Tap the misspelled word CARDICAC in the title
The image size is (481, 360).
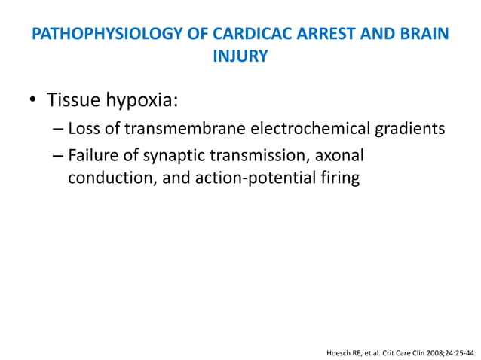(242, 34)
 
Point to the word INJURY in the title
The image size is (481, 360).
(240, 56)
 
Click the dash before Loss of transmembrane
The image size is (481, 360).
(59, 129)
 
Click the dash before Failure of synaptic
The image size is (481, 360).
(59, 157)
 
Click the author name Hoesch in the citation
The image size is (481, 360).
(336, 351)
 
